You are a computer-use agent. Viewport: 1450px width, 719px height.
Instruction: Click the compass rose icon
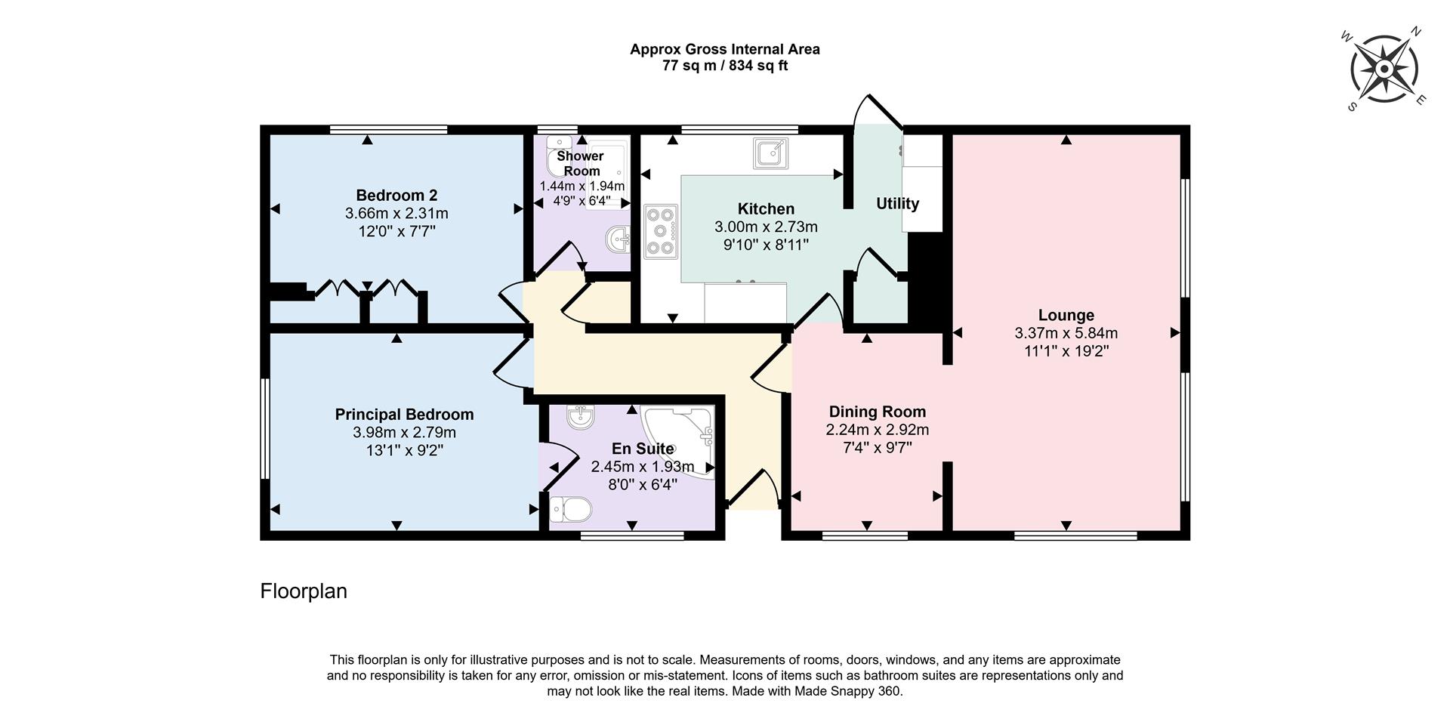coord(1384,69)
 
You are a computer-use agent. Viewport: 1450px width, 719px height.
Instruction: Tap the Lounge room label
coord(1066,315)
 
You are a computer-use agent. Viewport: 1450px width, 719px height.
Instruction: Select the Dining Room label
coord(877,412)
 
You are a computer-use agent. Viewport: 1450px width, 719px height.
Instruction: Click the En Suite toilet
coord(569,509)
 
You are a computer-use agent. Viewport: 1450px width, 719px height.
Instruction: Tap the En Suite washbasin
coord(580,417)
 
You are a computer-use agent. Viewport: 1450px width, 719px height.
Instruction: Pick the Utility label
coord(897,203)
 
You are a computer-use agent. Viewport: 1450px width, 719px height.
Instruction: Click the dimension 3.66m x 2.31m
coord(396,214)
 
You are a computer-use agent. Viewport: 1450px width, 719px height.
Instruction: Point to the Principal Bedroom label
coord(404,415)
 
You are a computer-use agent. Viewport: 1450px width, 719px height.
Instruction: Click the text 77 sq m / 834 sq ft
coord(724,66)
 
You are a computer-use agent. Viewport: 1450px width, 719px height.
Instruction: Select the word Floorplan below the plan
coord(304,591)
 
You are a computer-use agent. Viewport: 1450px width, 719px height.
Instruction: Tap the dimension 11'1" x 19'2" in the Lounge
coord(1066,351)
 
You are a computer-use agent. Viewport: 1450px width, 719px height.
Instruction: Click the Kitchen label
coord(766,208)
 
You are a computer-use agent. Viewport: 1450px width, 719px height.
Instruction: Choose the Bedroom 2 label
coord(396,195)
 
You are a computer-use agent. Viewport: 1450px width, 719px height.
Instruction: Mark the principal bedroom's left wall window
coord(265,428)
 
